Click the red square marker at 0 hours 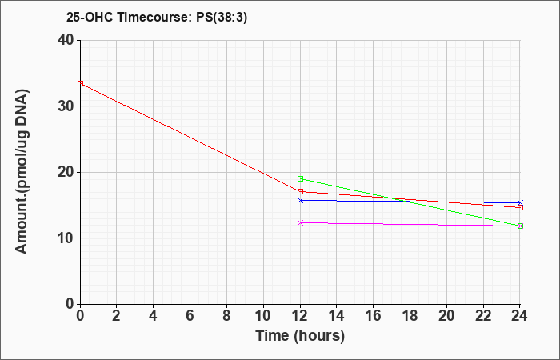click(80, 83)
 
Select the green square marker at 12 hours click(300, 178)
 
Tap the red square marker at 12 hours click(300, 191)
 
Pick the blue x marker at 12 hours click(300, 200)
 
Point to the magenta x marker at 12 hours click(300, 223)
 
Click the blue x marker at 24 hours click(520, 203)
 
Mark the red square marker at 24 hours click(520, 207)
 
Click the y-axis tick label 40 click(66, 40)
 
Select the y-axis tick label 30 click(66, 106)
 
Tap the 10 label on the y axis click(66, 238)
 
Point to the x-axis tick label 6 click(190, 316)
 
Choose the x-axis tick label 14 click(337, 316)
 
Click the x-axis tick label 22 click(483, 316)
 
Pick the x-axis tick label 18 click(410, 316)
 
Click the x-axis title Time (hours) click(300, 336)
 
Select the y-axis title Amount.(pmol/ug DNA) click(22, 172)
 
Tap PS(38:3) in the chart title click(222, 17)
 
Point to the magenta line click(410, 224)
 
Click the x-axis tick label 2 click(117, 316)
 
